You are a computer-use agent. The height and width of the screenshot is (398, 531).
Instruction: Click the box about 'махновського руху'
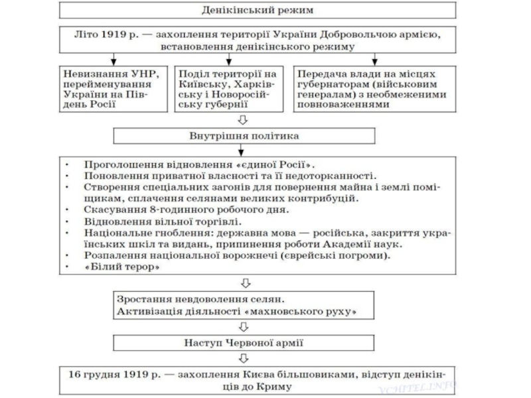tap(244, 305)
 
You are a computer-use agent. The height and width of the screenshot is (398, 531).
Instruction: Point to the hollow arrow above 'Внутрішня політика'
tap(244, 119)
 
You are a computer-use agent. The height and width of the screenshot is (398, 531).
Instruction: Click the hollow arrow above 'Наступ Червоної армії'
tap(244, 327)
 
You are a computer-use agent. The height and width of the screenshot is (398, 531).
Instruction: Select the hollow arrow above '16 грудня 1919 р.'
tap(244, 358)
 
